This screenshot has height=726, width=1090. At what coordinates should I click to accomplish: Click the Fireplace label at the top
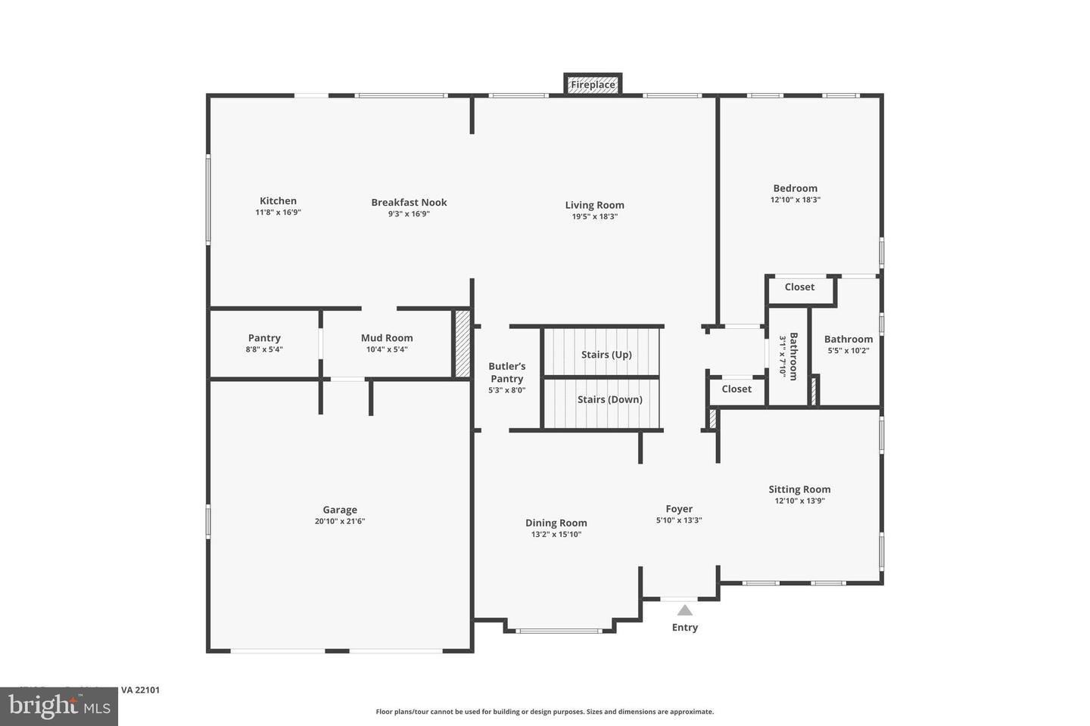[x=593, y=85]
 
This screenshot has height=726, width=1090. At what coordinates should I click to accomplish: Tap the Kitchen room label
[x=278, y=200]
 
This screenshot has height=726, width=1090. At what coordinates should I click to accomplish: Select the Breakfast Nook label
[x=409, y=202]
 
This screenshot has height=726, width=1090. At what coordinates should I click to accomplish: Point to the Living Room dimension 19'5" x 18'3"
[x=594, y=216]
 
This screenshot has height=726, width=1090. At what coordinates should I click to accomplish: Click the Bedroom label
[x=795, y=188]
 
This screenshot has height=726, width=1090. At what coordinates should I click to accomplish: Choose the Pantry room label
[x=264, y=338]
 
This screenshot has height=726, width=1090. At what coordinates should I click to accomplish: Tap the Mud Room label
[x=387, y=338]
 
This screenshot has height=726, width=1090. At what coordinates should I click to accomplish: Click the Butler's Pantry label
[x=506, y=372]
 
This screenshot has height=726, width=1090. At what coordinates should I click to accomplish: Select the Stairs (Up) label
[x=606, y=354]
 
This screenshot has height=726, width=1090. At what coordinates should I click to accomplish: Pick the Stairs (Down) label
[x=609, y=399]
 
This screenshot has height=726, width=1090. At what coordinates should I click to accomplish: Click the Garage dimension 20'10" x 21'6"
[x=340, y=521]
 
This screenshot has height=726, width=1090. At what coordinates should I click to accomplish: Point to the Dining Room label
[x=556, y=523]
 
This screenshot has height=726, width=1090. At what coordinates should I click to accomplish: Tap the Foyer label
[x=679, y=509]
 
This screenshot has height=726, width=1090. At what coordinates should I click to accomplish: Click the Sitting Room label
[x=799, y=489]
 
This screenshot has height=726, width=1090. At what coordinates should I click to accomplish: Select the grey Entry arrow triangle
[x=685, y=610]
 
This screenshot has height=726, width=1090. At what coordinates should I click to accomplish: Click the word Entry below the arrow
[x=685, y=627]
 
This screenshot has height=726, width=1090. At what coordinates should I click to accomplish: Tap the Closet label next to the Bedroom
[x=799, y=287]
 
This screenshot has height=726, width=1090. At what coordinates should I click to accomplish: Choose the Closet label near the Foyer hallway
[x=737, y=389]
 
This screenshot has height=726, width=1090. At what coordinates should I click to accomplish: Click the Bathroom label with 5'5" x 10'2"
[x=848, y=339]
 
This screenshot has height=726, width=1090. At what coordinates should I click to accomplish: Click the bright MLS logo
[x=59, y=706]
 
